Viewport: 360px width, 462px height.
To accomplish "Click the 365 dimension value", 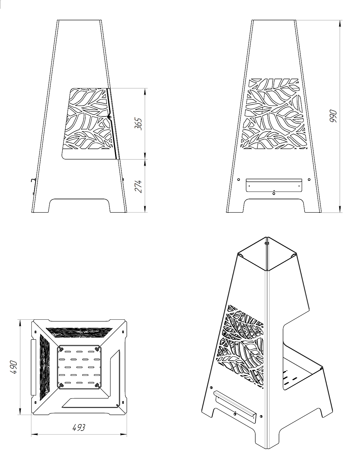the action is (x=138, y=124).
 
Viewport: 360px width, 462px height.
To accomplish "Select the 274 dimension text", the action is (x=138, y=186).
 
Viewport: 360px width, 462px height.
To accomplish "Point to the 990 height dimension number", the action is (x=333, y=116).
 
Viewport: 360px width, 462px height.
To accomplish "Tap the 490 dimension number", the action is (x=14, y=367).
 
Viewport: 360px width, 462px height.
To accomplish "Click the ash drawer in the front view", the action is (x=274, y=185).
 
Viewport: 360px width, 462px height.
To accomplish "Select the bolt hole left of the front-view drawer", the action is (x=238, y=180).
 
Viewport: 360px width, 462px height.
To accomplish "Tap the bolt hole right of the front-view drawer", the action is (x=309, y=180).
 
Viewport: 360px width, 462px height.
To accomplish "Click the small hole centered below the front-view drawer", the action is (x=274, y=193).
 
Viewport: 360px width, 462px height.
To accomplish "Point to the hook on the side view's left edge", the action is (x=33, y=180).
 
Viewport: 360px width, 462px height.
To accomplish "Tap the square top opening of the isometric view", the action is (x=267, y=254).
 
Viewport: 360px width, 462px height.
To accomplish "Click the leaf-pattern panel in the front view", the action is (x=275, y=114).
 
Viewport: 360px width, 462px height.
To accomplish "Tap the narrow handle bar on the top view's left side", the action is (x=34, y=367).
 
